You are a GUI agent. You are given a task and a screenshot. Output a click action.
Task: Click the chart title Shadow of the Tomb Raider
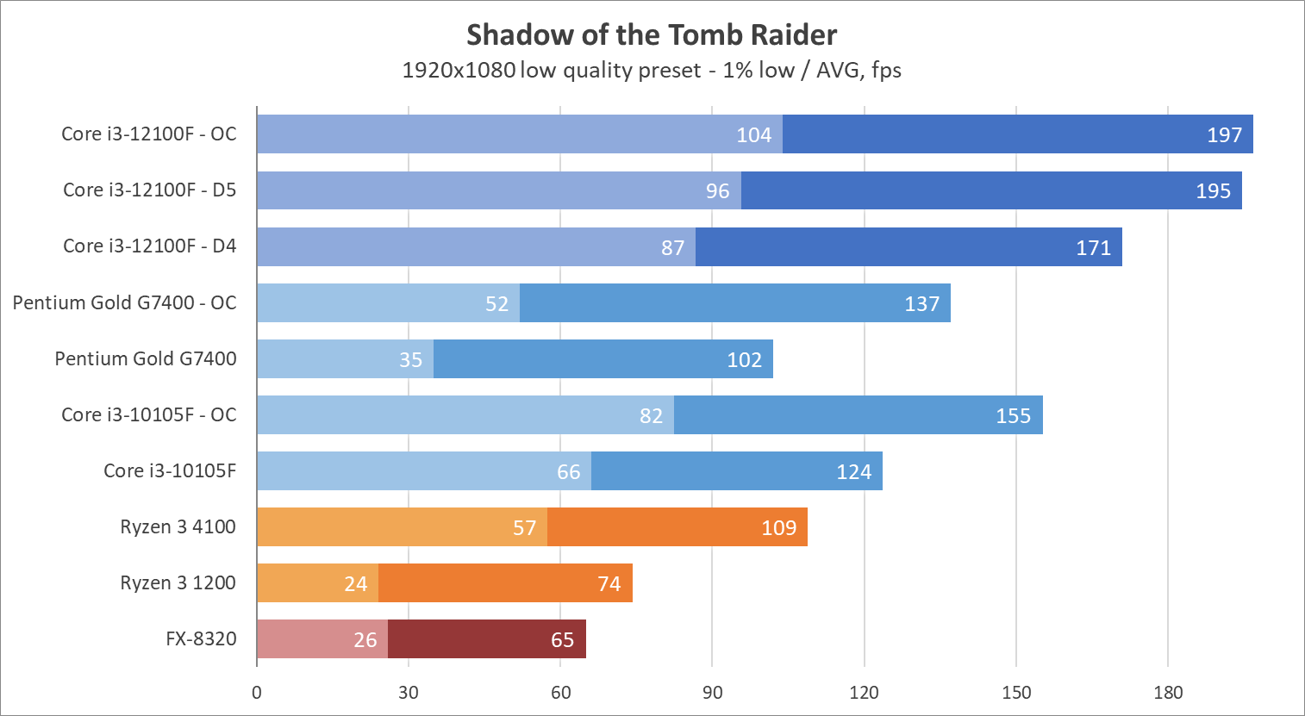tap(652, 35)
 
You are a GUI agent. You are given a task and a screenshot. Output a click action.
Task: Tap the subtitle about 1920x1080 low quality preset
tap(652, 70)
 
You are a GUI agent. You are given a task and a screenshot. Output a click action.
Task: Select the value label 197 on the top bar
tap(1224, 135)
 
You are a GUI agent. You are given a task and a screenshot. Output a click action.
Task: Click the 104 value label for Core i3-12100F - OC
tap(753, 135)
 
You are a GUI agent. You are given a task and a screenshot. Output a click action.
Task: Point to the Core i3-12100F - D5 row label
tap(149, 190)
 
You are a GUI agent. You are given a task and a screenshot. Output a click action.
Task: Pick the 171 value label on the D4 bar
tap(1093, 248)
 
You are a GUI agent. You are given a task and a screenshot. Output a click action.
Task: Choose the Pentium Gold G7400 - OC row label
tap(124, 303)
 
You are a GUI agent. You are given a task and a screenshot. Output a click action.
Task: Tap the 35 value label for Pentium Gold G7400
tap(410, 360)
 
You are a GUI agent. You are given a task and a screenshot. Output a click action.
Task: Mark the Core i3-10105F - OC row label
tap(148, 415)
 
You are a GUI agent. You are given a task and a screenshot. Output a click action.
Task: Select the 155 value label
tap(1013, 416)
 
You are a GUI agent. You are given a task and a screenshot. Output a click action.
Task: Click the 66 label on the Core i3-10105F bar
tap(568, 472)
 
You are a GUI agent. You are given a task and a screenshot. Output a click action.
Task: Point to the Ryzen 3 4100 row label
tap(178, 527)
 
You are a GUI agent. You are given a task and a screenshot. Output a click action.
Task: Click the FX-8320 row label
tap(201, 639)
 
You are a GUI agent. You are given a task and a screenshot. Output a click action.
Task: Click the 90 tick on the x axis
tap(712, 693)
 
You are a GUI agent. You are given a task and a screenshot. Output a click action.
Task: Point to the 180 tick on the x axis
tap(1168, 693)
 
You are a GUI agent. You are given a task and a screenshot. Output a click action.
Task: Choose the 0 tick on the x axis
tap(257, 693)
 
